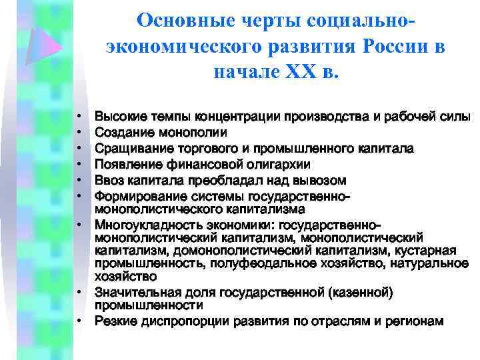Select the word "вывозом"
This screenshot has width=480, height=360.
pyautogui.click(x=322, y=180)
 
